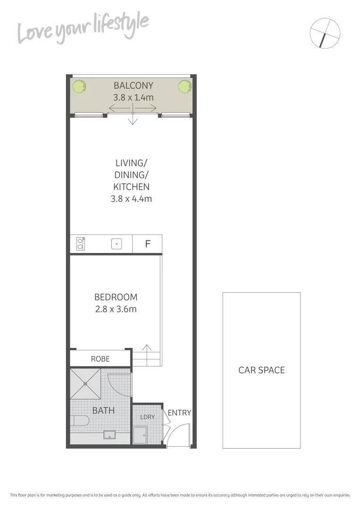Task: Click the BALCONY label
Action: [x=134, y=85]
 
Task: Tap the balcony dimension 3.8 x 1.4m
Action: [x=134, y=98]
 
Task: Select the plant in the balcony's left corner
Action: [x=80, y=87]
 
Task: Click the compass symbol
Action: [x=325, y=33]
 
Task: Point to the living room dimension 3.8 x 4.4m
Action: [x=131, y=199]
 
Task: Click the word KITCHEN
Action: [x=131, y=187]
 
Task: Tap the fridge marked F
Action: [x=147, y=244]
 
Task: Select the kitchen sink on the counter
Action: [x=117, y=244]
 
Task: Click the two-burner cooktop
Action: [x=80, y=244]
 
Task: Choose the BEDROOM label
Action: [x=116, y=297]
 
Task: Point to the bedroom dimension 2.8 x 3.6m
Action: [x=116, y=309]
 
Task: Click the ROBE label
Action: [x=100, y=359]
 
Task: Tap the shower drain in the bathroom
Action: [x=85, y=383]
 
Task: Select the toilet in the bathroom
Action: [x=80, y=420]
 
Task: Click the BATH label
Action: [x=103, y=410]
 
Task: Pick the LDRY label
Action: [x=147, y=417]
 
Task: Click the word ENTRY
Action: [x=180, y=413]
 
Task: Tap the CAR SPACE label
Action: [x=261, y=370]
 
